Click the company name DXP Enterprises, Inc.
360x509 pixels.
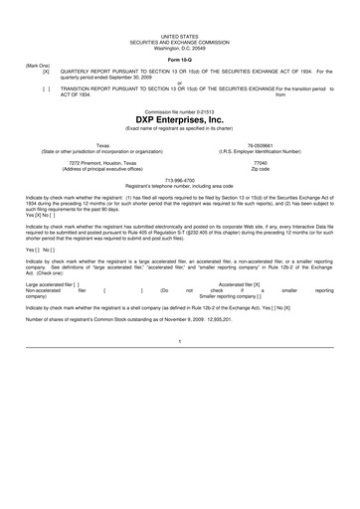click(180, 119)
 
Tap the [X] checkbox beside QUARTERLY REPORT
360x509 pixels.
click(46, 73)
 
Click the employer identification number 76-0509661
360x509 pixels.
click(261, 143)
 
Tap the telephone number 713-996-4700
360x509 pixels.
click(179, 181)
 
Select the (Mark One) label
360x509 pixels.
click(38, 67)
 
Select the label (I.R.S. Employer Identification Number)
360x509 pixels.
click(261, 149)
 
